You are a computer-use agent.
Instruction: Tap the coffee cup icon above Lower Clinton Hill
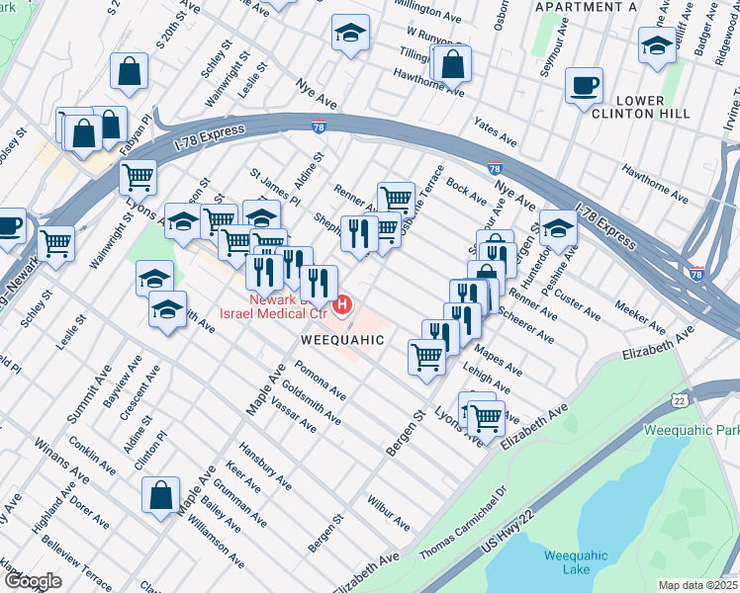point(584,85)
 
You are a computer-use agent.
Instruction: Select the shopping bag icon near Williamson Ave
point(160,496)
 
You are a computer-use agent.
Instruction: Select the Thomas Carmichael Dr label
point(463,519)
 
